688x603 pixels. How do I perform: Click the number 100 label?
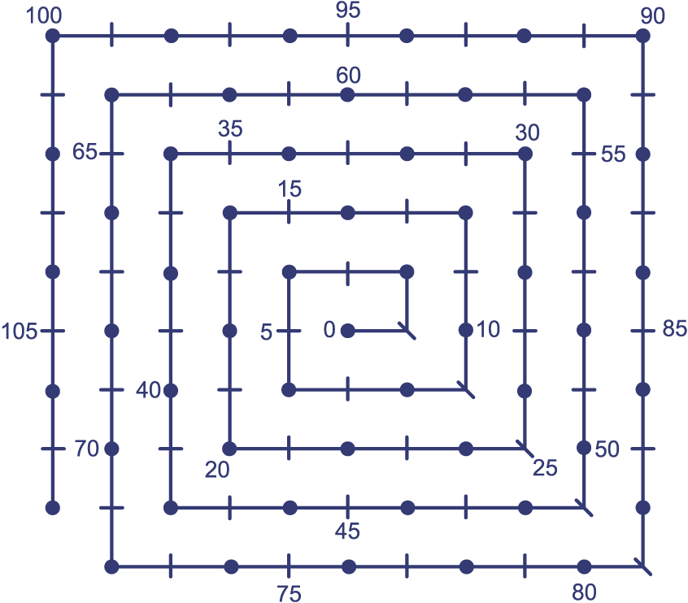click(x=44, y=15)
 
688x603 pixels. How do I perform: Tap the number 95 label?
click(x=348, y=10)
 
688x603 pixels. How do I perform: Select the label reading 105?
click(x=20, y=331)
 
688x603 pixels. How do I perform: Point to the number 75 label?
click(x=290, y=594)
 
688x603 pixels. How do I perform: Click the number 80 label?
click(x=584, y=592)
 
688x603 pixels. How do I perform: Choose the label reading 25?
click(x=545, y=468)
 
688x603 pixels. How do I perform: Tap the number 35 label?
click(x=230, y=129)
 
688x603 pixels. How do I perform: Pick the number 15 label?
click(x=290, y=189)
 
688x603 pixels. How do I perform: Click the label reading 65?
click(x=85, y=152)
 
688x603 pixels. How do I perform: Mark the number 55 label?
click(x=613, y=154)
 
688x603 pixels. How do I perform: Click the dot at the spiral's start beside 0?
click(x=348, y=331)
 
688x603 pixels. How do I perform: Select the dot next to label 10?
click(x=465, y=330)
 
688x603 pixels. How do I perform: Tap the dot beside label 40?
click(x=171, y=390)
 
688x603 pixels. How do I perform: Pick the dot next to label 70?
click(x=112, y=449)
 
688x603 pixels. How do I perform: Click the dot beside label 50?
click(x=584, y=448)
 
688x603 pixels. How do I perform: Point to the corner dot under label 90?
click(x=642, y=36)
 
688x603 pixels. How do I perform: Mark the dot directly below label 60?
click(x=347, y=95)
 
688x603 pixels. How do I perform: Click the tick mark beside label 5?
click(x=289, y=331)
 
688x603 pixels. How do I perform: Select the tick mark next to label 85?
click(x=642, y=331)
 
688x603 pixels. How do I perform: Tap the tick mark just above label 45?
click(x=348, y=508)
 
